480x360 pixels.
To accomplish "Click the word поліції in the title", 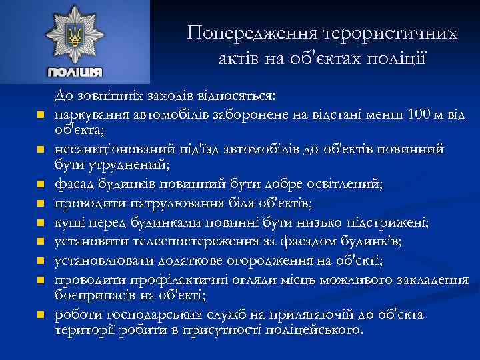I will tap(398, 58).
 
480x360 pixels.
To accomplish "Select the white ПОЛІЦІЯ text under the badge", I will tap(75, 72).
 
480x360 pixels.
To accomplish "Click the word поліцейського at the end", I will tap(316, 329).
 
